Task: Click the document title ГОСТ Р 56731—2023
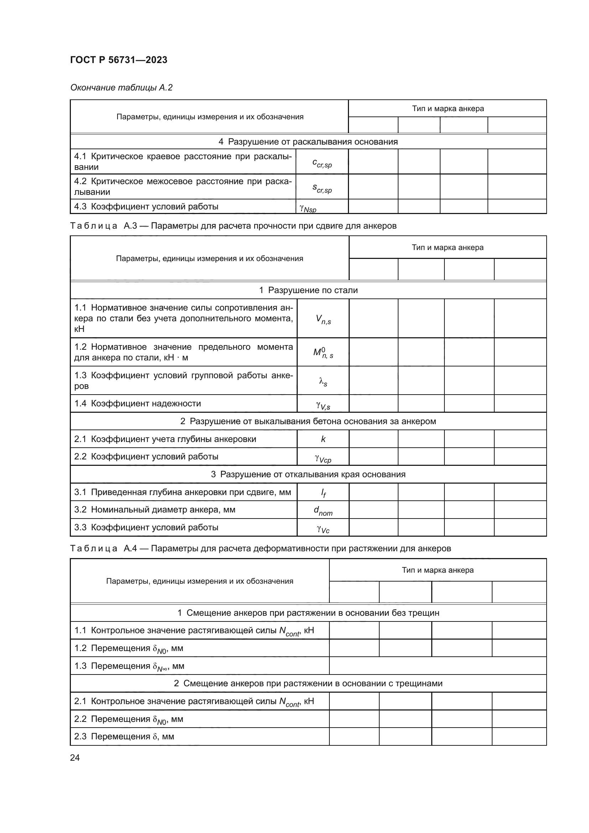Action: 119,60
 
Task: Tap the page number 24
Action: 75,757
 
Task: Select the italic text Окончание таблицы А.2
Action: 121,88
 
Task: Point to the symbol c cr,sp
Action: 322,163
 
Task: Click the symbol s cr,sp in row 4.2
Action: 322,188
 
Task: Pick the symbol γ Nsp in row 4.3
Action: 308,208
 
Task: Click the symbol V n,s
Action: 323,319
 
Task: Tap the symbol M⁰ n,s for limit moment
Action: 323,353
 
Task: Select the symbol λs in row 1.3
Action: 323,381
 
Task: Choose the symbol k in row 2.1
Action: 323,439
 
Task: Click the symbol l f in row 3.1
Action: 323,493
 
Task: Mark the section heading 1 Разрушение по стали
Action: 308,290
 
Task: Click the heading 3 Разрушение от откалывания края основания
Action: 308,474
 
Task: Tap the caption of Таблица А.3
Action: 233,226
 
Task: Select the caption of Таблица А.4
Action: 260,548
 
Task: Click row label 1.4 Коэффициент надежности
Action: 137,404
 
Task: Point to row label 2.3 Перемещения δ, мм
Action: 124,736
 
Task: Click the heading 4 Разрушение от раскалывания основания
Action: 308,142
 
